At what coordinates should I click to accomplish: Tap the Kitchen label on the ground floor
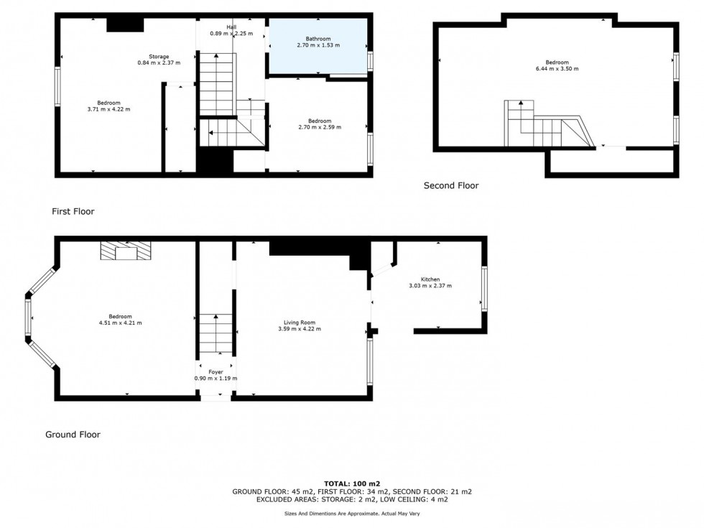pos(430,279)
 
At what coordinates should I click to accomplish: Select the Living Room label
pos(300,323)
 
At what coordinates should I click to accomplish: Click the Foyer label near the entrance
pos(215,372)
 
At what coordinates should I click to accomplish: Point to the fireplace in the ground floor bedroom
pos(126,251)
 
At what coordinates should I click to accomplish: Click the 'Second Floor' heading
pos(450,185)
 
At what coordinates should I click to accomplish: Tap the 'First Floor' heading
pos(73,212)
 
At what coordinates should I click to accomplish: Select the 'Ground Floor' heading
pos(73,435)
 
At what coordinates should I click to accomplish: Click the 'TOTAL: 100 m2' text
pos(351,483)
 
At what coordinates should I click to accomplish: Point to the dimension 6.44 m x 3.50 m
pos(556,69)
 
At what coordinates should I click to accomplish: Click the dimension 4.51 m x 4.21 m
pos(120,323)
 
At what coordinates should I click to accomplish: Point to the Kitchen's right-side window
pos(484,288)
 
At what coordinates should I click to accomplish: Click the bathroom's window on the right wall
pos(371,60)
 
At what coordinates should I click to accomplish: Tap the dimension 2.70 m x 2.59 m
pos(320,127)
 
